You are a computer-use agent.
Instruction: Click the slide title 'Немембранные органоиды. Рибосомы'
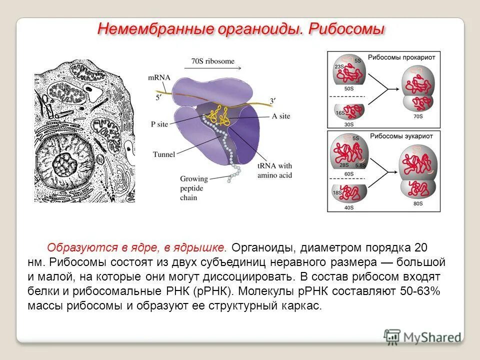pos(241,28)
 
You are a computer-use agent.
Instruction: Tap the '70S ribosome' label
pos(212,61)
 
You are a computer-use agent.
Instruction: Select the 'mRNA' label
pos(159,77)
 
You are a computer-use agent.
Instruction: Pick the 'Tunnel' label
pos(164,154)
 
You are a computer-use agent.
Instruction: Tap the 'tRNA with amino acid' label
pos(274,171)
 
